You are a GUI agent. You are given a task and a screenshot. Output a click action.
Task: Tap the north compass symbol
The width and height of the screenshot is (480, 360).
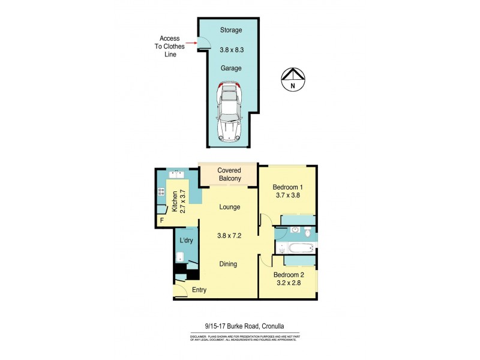293,79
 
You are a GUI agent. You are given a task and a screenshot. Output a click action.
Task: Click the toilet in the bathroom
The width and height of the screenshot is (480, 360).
307,232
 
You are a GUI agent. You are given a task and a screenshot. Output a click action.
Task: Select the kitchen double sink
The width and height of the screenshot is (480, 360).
176,175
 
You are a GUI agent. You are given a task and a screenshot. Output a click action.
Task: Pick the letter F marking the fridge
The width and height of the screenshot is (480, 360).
161,220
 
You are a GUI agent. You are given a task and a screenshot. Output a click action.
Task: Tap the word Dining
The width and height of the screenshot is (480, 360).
228,264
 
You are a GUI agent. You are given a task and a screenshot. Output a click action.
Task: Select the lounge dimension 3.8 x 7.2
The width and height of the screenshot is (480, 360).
229,236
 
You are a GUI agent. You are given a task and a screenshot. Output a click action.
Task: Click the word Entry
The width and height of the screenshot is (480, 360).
199,290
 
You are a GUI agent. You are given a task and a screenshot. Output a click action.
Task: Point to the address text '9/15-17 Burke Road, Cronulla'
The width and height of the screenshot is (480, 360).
244,326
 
